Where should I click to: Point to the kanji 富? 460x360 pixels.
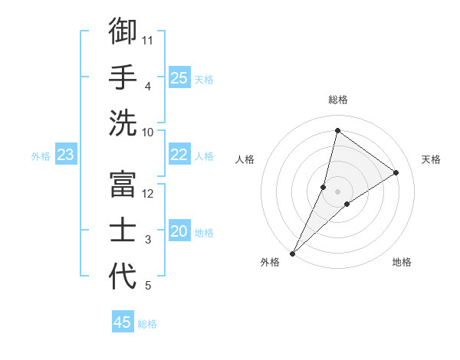coord(123,184)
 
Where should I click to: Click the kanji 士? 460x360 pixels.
coord(123,230)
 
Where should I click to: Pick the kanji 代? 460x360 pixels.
coord(123,277)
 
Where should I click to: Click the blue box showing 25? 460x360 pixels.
coord(179,77)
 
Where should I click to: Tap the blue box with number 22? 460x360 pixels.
coord(179,155)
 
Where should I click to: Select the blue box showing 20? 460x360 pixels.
coord(179,231)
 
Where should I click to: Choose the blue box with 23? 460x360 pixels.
coord(65,155)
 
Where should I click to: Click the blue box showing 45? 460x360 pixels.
coord(123,322)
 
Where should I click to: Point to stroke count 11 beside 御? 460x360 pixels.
coord(149,40)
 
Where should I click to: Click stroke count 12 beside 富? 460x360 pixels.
coord(149,193)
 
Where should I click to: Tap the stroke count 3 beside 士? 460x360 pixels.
coord(148,240)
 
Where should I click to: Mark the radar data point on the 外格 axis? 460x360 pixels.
coord(292,253)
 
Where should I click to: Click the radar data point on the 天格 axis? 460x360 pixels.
coord(396,172)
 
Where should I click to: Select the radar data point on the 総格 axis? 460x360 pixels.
coord(337,130)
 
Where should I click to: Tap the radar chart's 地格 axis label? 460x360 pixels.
coord(402,262)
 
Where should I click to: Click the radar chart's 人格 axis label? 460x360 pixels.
coord(245,159)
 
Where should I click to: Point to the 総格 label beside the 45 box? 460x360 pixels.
coord(147,324)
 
